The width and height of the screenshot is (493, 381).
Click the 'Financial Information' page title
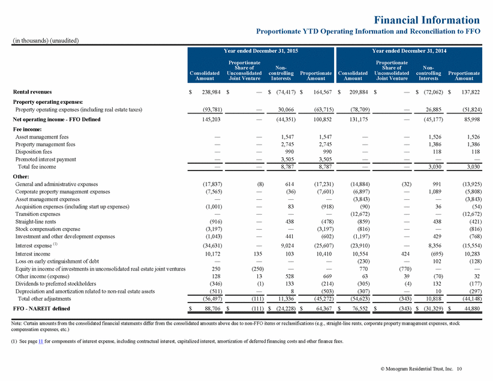pyautogui.click(x=426, y=20)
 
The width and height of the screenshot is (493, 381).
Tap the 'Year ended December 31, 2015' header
pyautogui.click(x=261, y=51)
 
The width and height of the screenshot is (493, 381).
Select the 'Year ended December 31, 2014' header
pyautogui.click(x=409, y=51)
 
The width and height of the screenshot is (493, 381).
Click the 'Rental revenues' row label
pyautogui.click(x=32, y=92)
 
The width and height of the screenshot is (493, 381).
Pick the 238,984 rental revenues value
pyautogui.click(x=211, y=92)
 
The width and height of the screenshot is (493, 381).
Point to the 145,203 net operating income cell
pyautogui.click(x=211, y=119)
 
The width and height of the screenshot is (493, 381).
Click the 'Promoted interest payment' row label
pyautogui.click(x=46, y=159)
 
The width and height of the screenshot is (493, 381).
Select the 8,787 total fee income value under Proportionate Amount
pyautogui.click(x=325, y=167)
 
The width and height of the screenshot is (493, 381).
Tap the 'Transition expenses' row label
pyautogui.click(x=38, y=214)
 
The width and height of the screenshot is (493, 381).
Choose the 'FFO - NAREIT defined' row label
pyautogui.click(x=41, y=308)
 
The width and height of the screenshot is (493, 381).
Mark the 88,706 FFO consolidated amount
pyautogui.click(x=212, y=308)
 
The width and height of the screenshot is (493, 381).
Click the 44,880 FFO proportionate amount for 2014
pyautogui.click(x=472, y=308)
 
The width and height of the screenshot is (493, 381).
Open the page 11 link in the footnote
pyautogui.click(x=41, y=341)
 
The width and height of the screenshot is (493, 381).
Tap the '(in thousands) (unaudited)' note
pyautogui.click(x=46, y=41)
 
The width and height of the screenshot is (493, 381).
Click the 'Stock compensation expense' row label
pyautogui.click(x=48, y=229)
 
